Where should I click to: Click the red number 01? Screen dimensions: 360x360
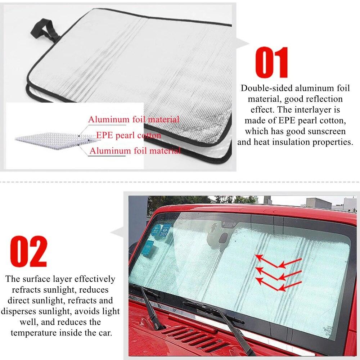coord(272,63)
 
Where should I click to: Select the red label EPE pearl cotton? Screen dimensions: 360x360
coord(129,135)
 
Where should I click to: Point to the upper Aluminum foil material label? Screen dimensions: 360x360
coord(134,119)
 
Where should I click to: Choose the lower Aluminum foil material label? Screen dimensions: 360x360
coord(135,151)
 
